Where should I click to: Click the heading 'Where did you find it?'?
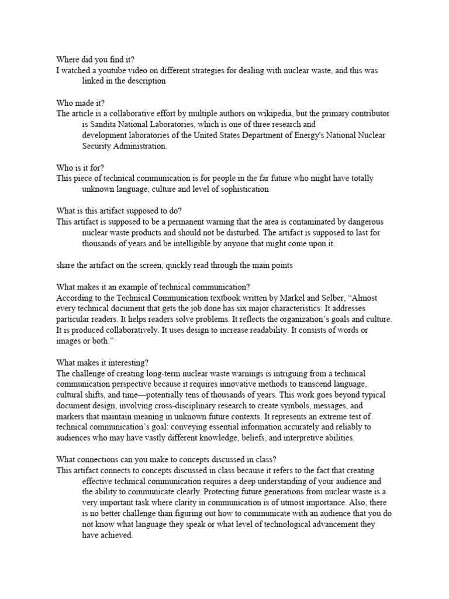(95, 60)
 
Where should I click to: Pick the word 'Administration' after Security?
(139, 146)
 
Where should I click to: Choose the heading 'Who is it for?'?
(80, 167)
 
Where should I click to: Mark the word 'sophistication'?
(241, 189)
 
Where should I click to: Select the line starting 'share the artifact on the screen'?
(174, 265)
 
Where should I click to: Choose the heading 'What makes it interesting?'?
(103, 362)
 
